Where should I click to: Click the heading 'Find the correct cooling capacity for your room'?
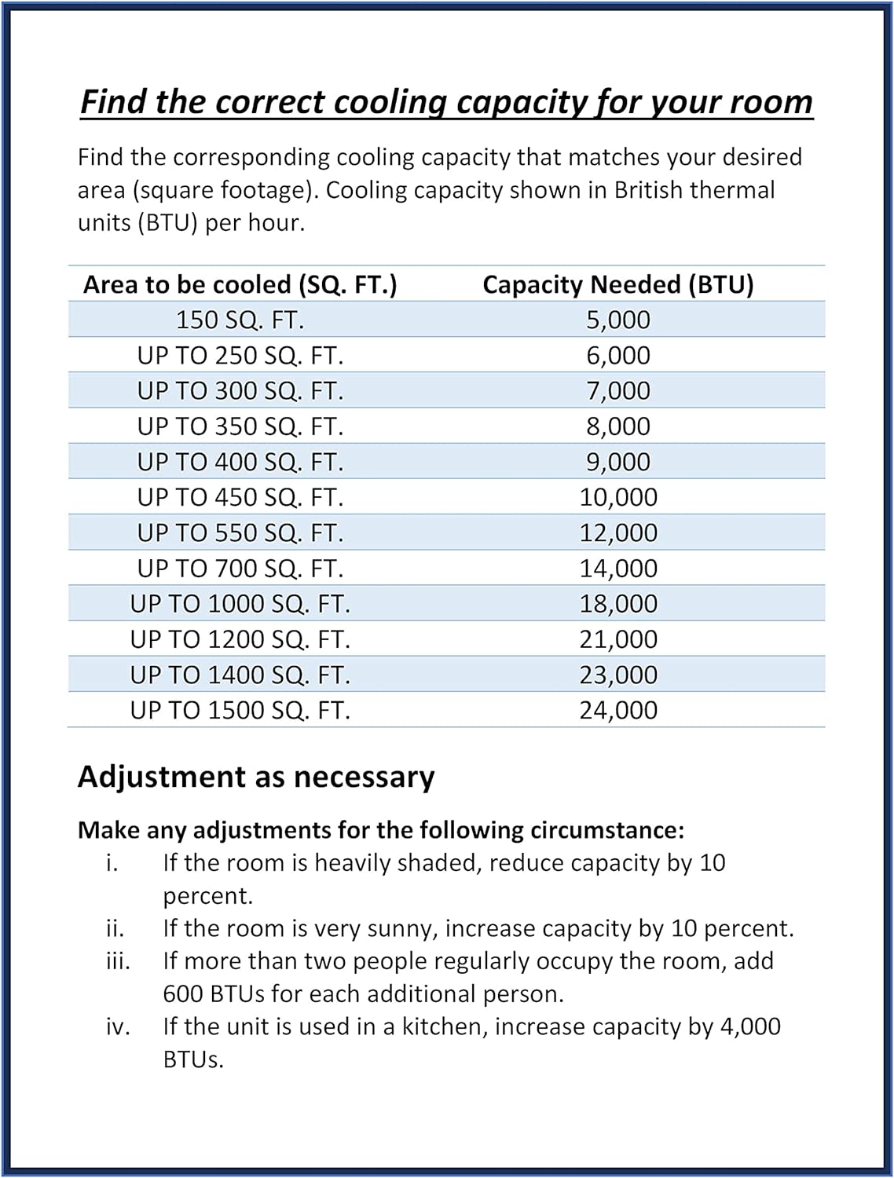446,103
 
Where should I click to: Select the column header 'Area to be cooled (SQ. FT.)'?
240,284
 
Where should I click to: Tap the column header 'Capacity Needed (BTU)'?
617,284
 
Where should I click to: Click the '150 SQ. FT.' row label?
240,320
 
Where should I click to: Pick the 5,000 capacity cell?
618,320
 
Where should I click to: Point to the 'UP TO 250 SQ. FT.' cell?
240,356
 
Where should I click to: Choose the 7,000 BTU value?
618,391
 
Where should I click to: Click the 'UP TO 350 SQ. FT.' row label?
240,426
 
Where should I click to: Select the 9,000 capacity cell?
618,462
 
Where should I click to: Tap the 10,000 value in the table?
618,497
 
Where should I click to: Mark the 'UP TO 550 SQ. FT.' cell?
240,533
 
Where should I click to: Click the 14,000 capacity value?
618,569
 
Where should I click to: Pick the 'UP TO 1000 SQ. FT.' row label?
240,604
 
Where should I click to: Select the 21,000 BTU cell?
618,639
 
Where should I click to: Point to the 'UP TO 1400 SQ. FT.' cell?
240,675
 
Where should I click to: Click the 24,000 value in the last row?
618,710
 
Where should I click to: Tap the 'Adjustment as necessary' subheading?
255,777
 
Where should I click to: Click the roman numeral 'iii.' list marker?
118,961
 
